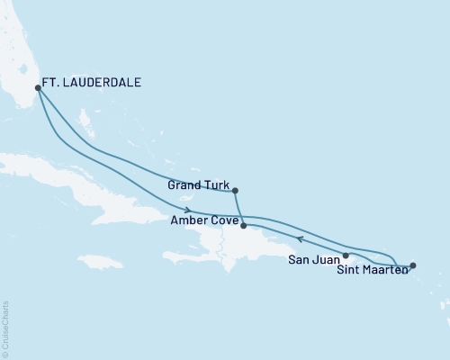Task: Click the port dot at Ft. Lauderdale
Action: (x=37, y=88)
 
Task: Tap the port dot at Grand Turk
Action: (x=235, y=191)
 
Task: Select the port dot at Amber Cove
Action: (x=244, y=226)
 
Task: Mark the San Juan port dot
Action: (x=346, y=256)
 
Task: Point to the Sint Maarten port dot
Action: (x=413, y=265)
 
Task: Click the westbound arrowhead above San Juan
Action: (x=300, y=239)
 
